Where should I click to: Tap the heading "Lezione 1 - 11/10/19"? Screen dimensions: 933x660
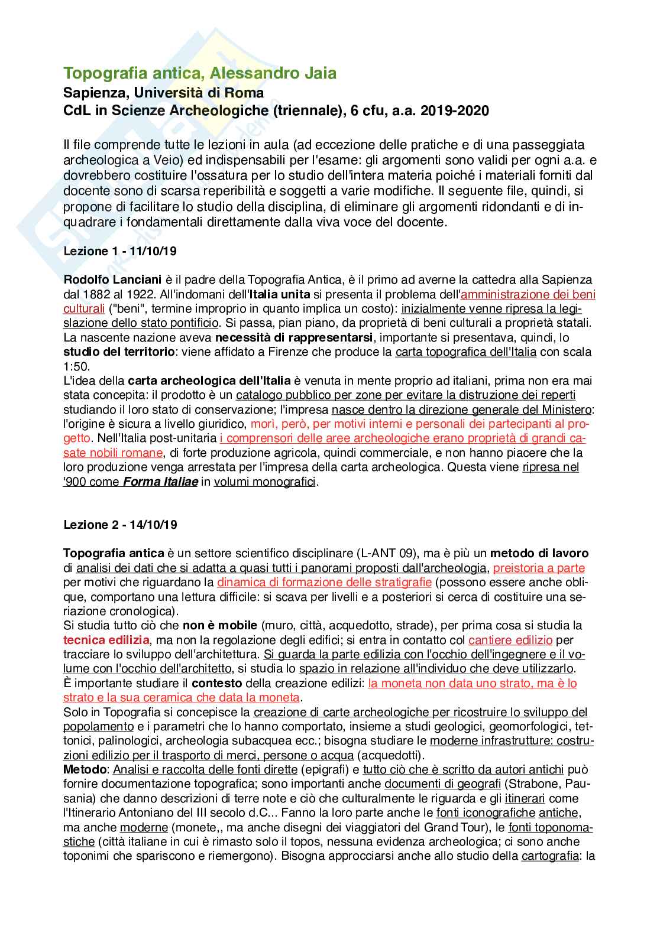(120, 251)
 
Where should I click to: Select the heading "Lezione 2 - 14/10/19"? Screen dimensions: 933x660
(120, 524)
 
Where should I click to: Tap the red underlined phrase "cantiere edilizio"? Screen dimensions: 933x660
(510, 640)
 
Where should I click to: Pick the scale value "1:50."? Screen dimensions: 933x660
(77, 366)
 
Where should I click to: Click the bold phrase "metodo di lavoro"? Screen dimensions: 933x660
(539, 554)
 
